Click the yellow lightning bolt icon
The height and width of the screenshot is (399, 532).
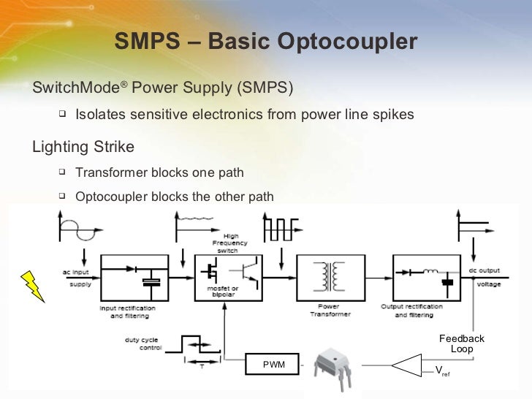[33, 286]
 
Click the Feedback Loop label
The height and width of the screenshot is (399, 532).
[462, 343]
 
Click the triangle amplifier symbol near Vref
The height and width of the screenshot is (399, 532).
[408, 364]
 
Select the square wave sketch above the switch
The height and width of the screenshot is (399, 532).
[278, 229]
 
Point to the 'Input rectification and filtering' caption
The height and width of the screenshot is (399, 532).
[128, 311]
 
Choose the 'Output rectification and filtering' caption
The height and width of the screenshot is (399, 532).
[413, 311]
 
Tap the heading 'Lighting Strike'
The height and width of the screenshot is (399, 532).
[83, 147]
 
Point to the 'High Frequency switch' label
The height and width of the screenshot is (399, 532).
[231, 243]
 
